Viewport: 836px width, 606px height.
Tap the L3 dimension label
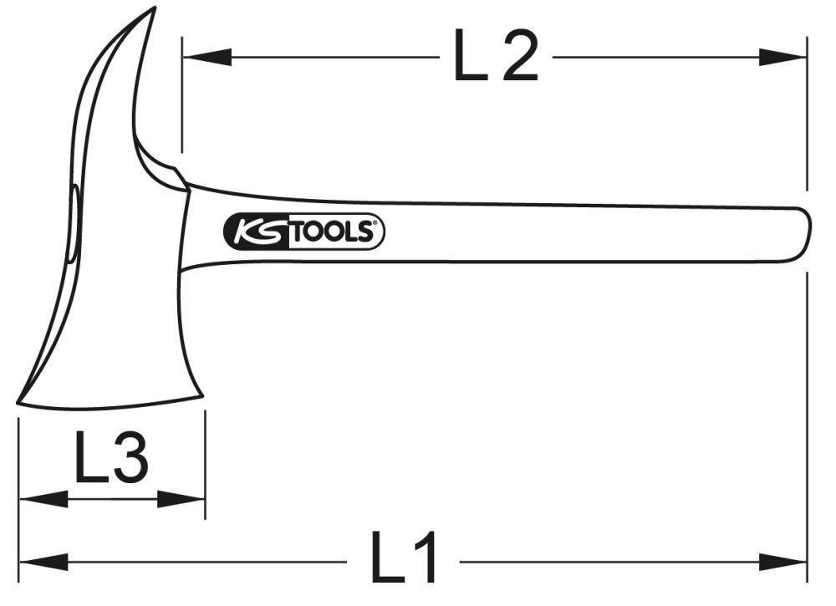pos(111,459)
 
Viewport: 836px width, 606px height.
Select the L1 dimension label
pos(405,560)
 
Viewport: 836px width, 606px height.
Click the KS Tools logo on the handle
pos(304,232)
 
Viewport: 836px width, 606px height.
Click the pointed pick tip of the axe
pos(154,9)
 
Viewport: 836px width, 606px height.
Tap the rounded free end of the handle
pos(806,233)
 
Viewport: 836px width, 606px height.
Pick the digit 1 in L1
pos(424,560)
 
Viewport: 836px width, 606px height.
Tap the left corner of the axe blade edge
pos(19,405)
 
